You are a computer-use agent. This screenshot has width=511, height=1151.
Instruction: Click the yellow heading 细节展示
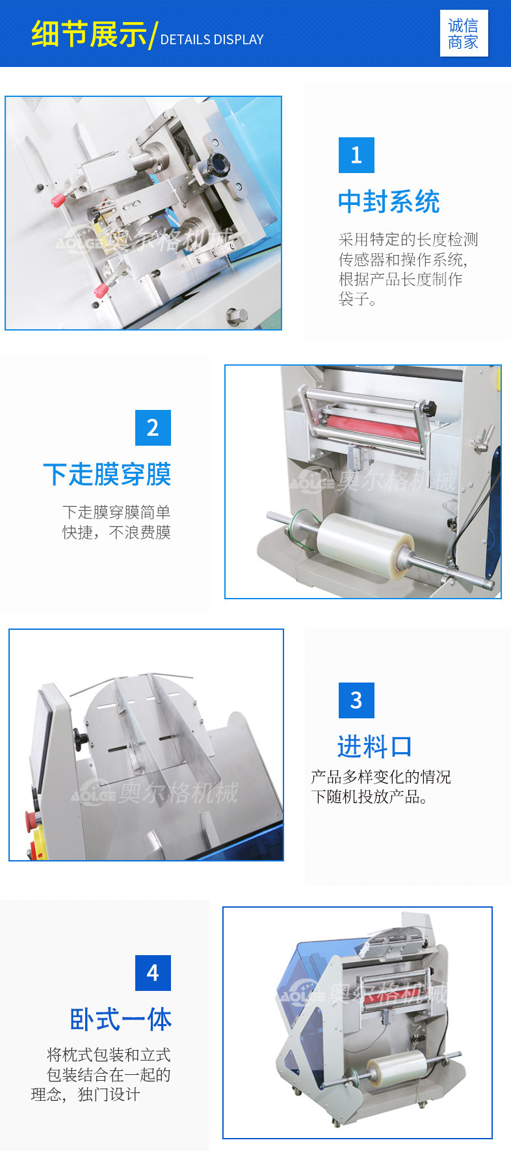click(89, 34)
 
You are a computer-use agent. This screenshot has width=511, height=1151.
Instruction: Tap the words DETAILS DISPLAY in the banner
click(212, 40)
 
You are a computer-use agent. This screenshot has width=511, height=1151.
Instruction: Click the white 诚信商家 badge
click(464, 34)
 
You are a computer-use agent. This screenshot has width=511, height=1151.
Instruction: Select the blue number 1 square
click(356, 155)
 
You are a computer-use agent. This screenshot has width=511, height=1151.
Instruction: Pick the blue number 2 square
click(153, 427)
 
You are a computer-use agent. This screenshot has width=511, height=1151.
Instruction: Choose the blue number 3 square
click(356, 700)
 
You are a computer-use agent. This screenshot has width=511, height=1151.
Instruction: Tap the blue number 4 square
click(153, 973)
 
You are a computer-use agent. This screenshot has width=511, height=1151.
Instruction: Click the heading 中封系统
click(389, 202)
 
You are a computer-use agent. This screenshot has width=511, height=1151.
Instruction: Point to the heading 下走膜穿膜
click(107, 474)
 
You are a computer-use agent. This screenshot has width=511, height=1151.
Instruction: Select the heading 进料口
click(375, 746)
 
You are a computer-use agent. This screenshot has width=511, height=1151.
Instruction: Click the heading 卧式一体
click(121, 1019)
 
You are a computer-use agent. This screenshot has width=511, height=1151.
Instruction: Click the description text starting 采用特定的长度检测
click(408, 269)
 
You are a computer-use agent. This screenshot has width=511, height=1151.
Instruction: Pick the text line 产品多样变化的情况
click(381, 777)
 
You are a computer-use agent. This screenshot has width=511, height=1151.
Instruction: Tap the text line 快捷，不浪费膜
click(116, 532)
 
